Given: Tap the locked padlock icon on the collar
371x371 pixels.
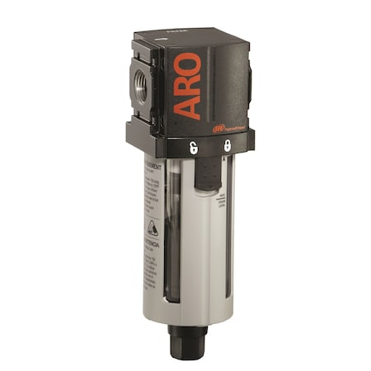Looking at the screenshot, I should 227,145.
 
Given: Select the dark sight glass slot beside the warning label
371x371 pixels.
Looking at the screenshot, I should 170,239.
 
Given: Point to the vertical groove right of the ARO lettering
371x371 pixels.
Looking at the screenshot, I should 216,82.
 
